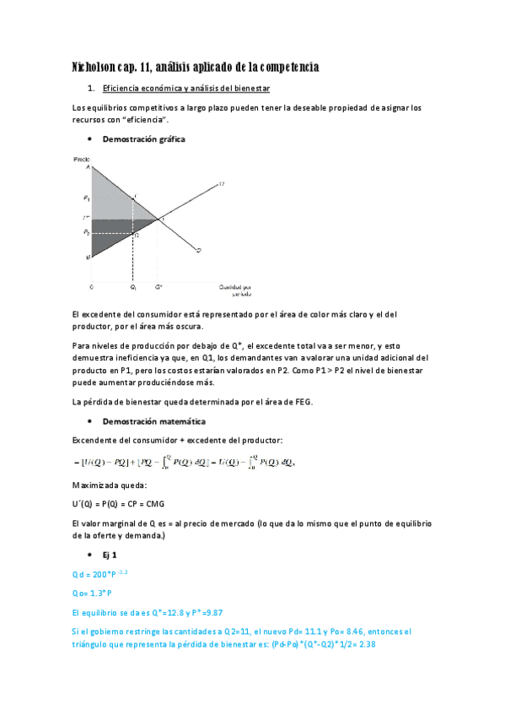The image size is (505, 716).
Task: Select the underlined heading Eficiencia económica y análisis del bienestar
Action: tap(185, 89)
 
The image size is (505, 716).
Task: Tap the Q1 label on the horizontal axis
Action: tap(132, 287)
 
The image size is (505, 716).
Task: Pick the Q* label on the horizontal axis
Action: tap(159, 287)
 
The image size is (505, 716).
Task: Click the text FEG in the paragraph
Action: tap(301, 401)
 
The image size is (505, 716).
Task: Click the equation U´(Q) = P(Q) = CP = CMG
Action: tap(118, 503)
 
